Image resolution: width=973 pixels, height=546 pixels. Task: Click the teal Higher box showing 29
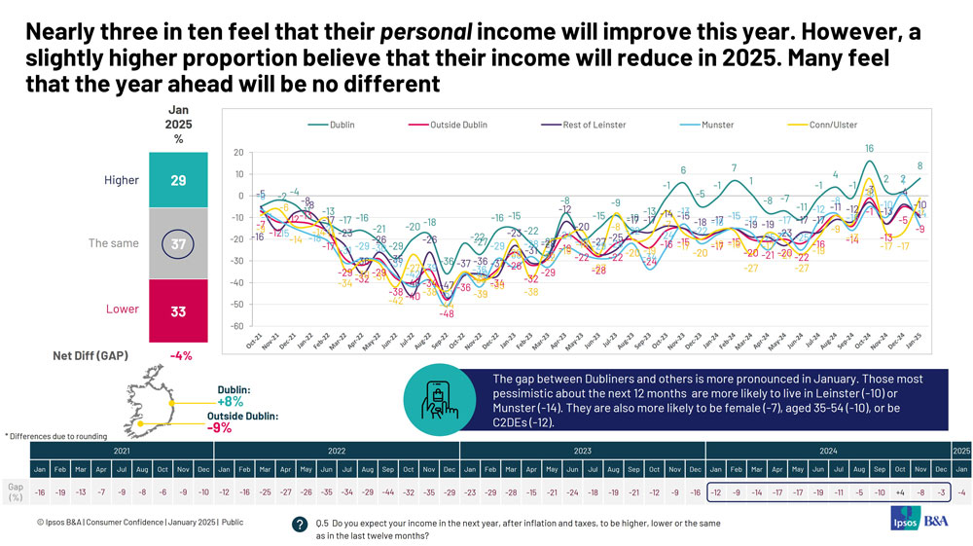point(178,180)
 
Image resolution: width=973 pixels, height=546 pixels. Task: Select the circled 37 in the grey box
point(178,243)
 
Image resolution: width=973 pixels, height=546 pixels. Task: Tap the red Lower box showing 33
point(178,310)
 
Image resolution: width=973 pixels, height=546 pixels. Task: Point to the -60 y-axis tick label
point(236,326)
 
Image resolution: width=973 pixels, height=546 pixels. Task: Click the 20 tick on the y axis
point(238,153)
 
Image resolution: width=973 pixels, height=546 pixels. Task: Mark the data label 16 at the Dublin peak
point(870,149)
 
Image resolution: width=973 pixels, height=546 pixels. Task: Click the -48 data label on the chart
point(447,313)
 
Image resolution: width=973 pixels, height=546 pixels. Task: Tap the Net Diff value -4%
point(180,355)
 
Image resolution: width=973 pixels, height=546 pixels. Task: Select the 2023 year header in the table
point(582,452)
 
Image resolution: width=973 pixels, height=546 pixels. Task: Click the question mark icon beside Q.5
point(300,524)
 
